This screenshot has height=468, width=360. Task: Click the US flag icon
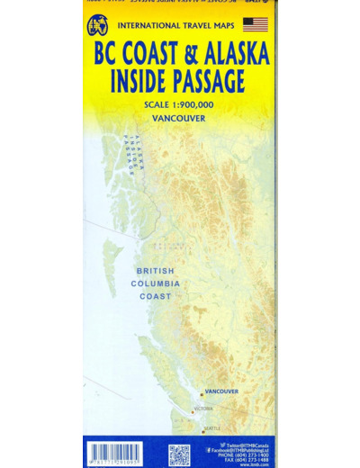click(x=256, y=24)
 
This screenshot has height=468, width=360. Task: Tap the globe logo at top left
click(x=97, y=26)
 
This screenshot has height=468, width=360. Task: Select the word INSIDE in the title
click(x=137, y=82)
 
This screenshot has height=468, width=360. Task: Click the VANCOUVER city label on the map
click(x=220, y=391)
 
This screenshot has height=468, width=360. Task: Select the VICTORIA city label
click(x=204, y=409)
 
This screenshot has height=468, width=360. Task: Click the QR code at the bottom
click(x=179, y=454)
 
